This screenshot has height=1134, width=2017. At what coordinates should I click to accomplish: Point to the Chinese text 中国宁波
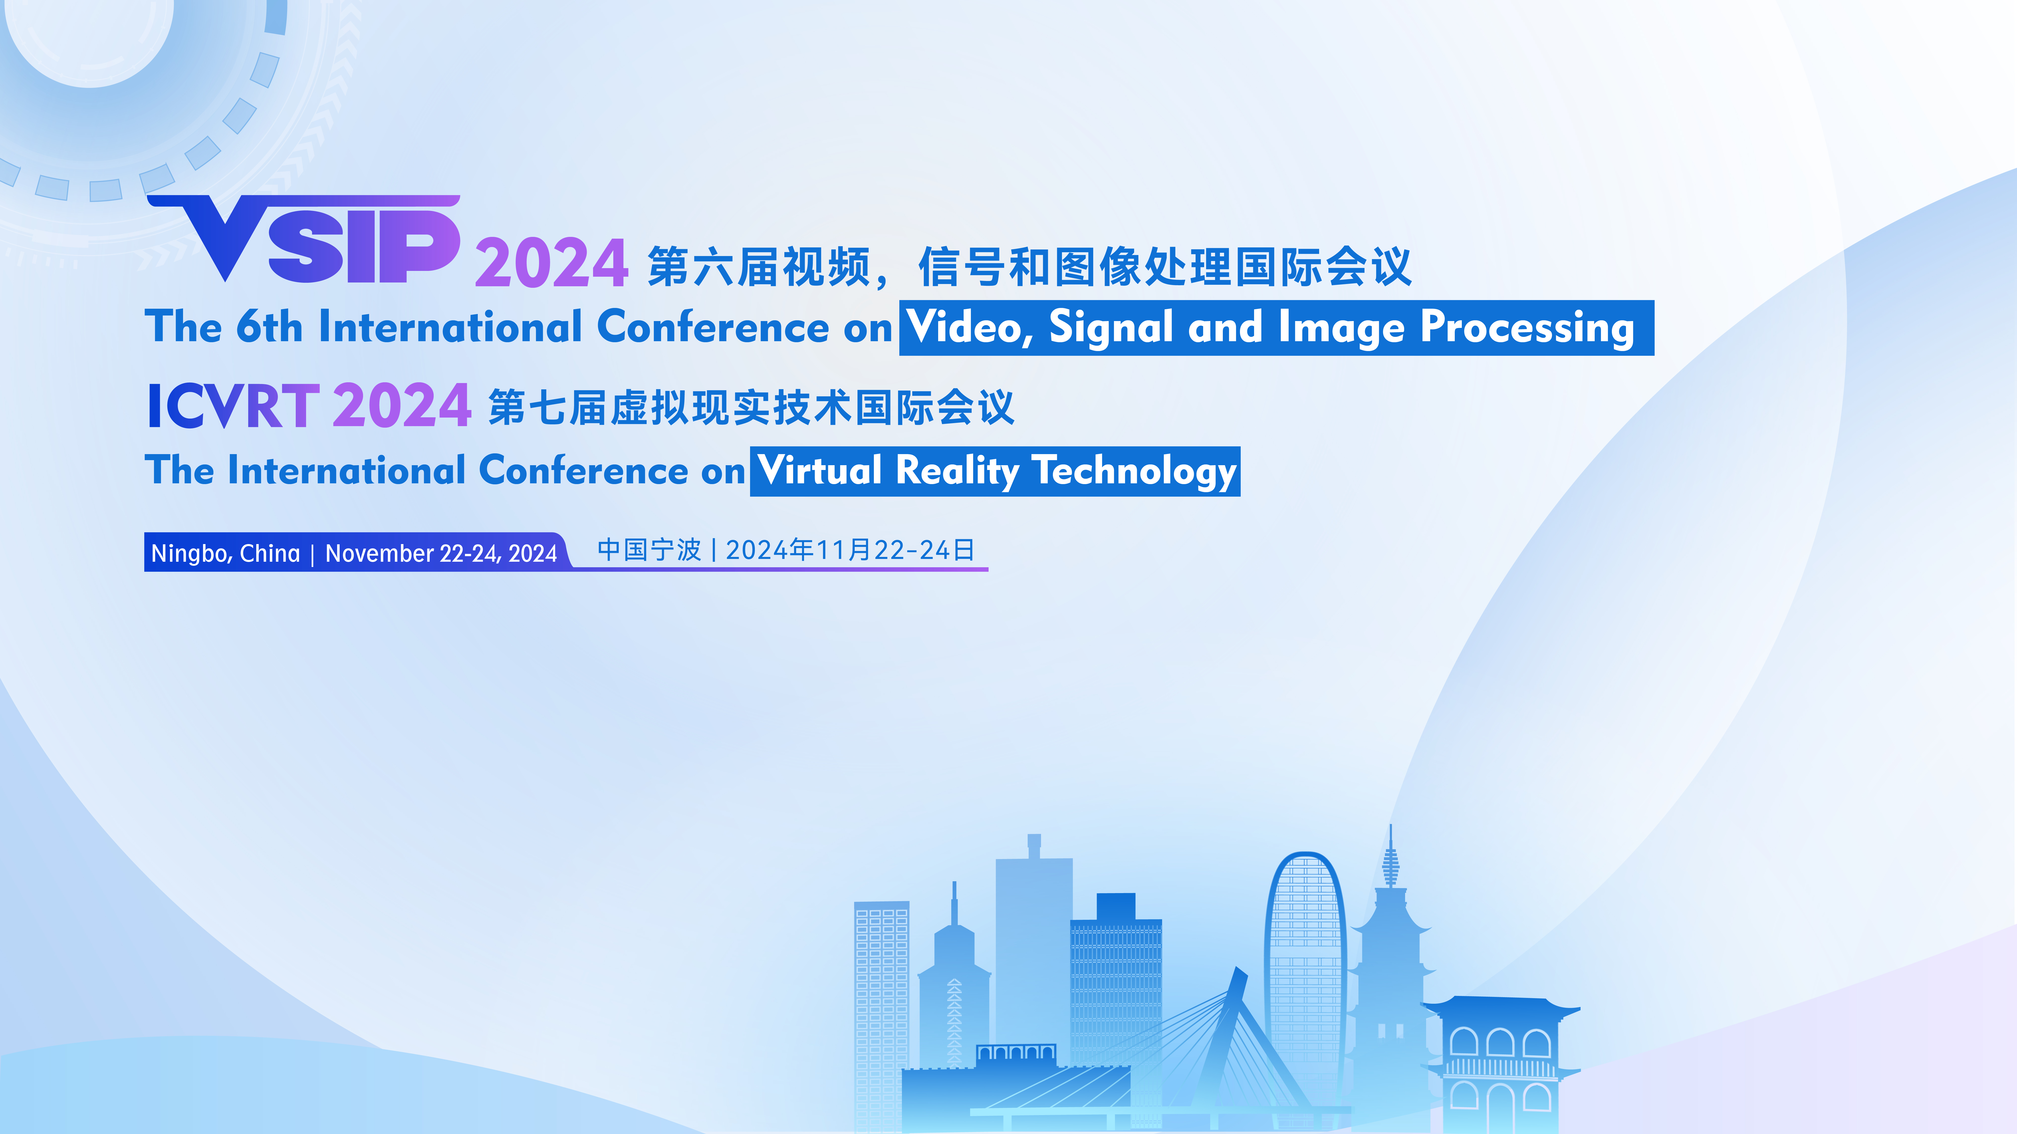[649, 550]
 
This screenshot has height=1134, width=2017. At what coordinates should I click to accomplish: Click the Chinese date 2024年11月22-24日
[850, 550]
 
